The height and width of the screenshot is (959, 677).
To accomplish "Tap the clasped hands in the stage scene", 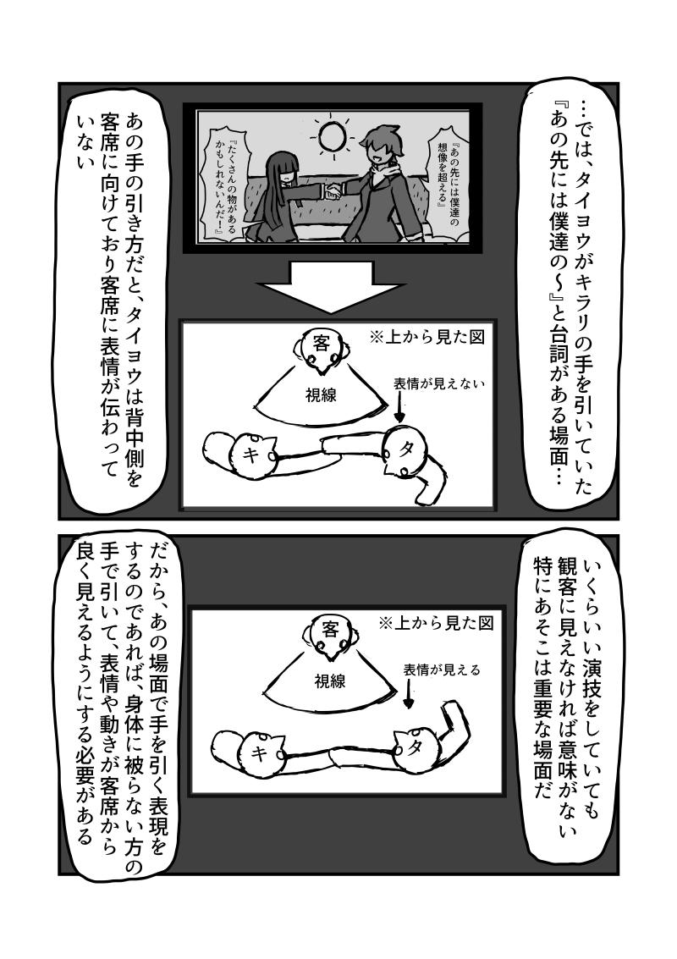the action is click(333, 192).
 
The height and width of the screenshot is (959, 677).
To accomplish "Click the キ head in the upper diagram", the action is click(252, 453).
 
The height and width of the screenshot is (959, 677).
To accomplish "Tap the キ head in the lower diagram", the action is click(261, 751).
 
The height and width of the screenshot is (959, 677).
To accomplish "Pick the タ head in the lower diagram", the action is click(416, 747).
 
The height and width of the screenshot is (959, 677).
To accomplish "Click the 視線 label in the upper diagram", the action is click(321, 396).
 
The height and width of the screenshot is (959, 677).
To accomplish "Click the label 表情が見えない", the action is click(438, 384).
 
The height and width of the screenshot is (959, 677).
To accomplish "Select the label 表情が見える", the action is click(442, 670).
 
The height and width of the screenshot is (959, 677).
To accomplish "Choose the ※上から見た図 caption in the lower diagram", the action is click(436, 623).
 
